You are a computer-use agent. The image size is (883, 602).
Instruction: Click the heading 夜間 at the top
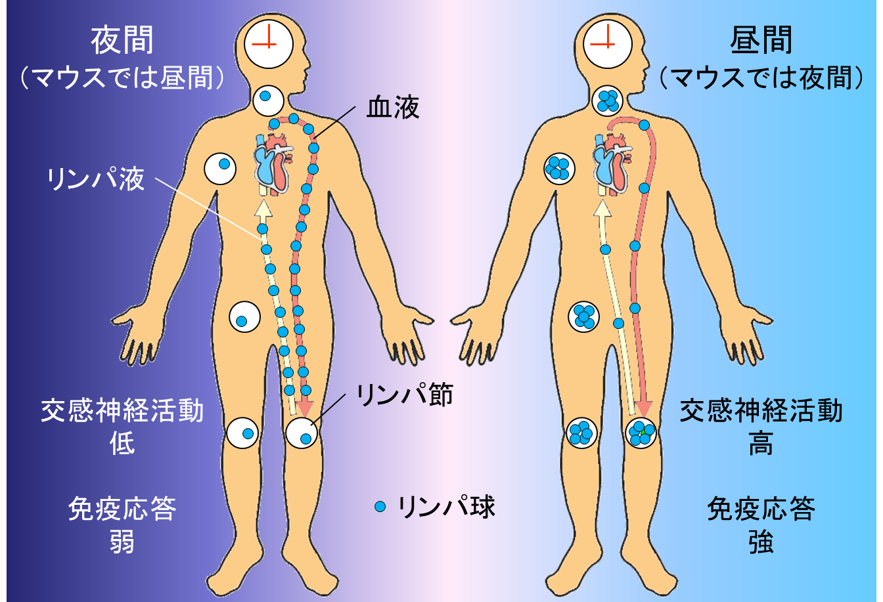coord(122,41)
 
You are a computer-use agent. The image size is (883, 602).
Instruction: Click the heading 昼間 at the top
coord(761,41)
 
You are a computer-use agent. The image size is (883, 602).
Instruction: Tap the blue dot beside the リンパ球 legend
coord(379,507)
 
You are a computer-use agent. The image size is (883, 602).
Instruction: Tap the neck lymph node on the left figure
coord(267,100)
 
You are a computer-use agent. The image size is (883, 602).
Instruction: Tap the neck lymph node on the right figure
coord(607,100)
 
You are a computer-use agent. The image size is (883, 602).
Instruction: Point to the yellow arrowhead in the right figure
coord(601,208)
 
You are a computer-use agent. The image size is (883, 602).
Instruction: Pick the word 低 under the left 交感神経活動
coord(122,444)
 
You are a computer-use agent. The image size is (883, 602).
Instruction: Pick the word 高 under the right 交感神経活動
coord(761,444)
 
